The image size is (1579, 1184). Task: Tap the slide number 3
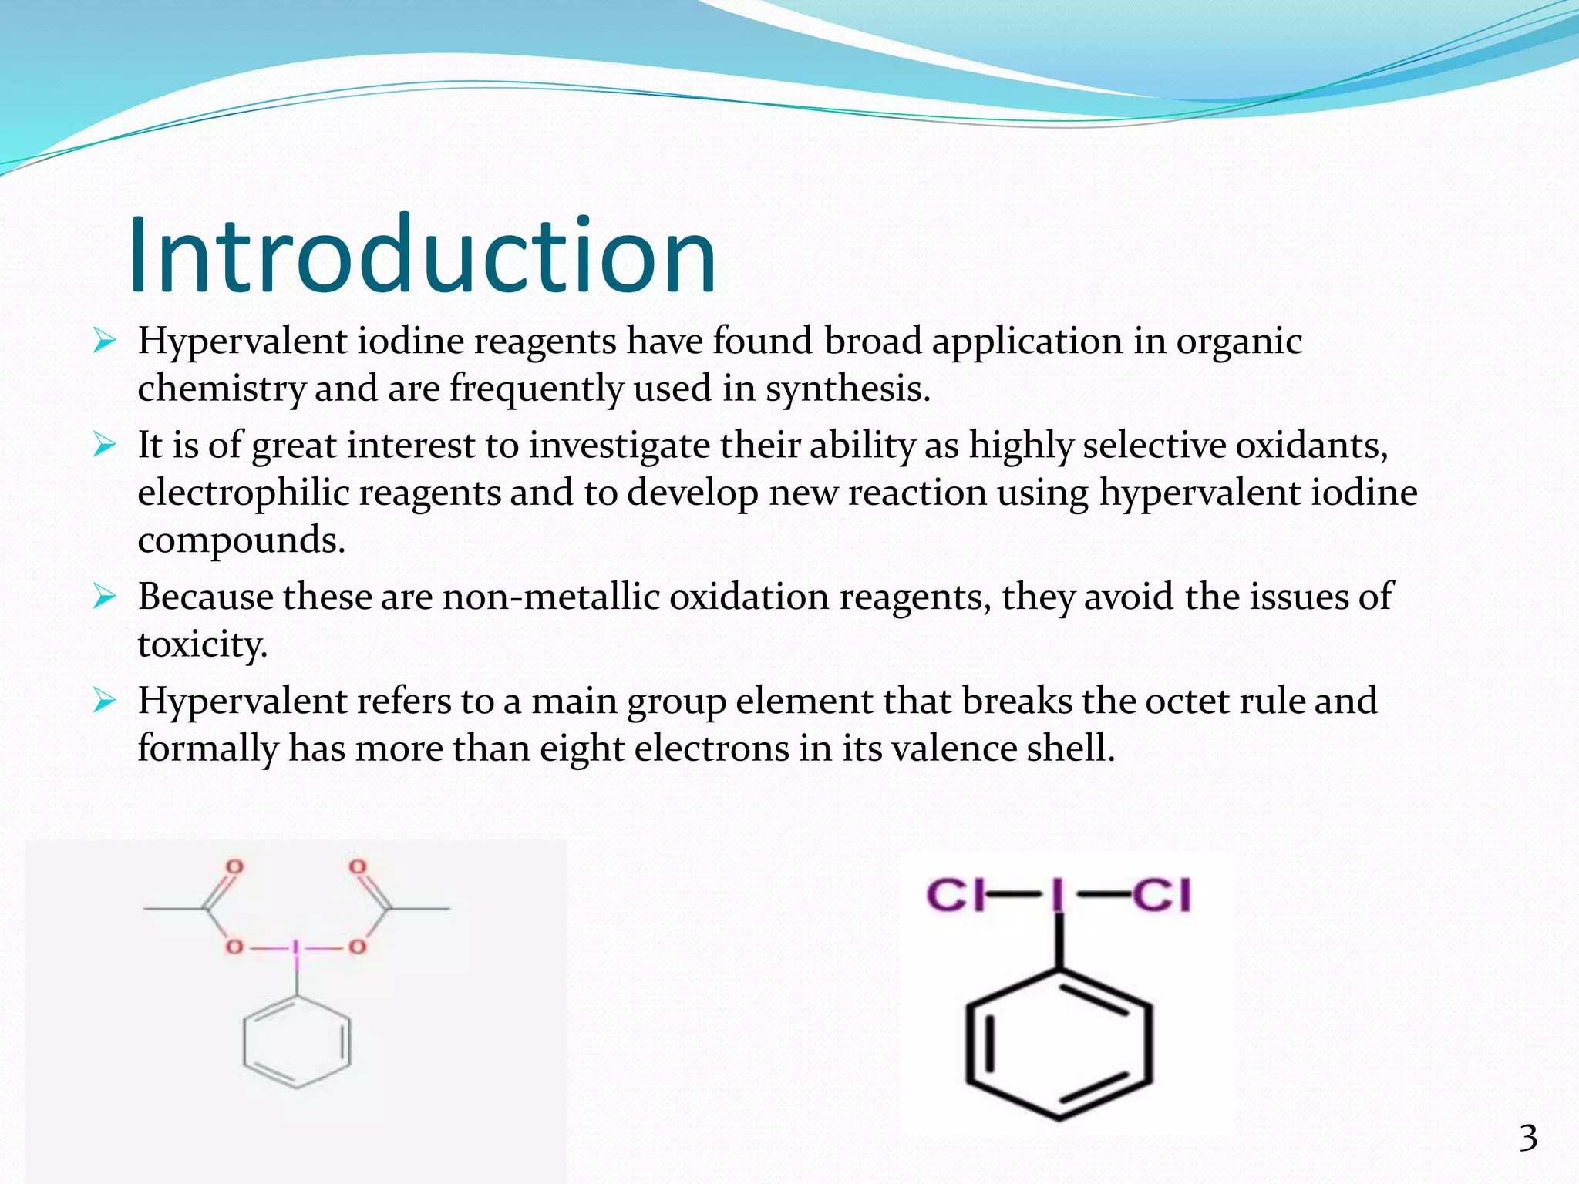point(1528,1139)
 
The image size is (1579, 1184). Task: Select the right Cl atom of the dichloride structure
point(1162,896)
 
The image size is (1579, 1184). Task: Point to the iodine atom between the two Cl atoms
point(1058,896)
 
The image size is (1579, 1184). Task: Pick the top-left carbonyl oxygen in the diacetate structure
point(234,867)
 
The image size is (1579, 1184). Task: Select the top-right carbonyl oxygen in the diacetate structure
point(357,867)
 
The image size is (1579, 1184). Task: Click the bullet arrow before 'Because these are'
point(104,597)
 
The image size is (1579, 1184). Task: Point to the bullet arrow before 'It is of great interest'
point(104,446)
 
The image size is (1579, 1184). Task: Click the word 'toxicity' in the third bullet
point(202,644)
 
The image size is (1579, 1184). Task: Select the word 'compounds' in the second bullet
point(241,540)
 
